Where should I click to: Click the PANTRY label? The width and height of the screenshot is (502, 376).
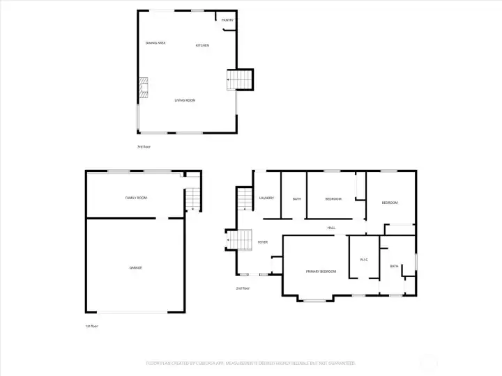pyautogui.click(x=227, y=20)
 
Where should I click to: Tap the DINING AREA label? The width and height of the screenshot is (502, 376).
pyautogui.click(x=155, y=43)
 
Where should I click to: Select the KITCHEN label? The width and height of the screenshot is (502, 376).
pyautogui.click(x=203, y=46)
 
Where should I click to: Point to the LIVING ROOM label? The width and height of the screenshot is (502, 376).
pyautogui.click(x=185, y=100)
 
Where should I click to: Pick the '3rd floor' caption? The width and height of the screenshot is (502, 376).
pyautogui.click(x=144, y=147)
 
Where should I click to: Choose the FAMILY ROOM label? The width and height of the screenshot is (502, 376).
pyautogui.click(x=136, y=198)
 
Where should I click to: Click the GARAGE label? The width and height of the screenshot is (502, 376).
pyautogui.click(x=135, y=267)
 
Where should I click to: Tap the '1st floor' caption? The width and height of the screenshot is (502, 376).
pyautogui.click(x=92, y=326)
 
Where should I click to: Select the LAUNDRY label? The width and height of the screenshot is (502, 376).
pyautogui.click(x=266, y=198)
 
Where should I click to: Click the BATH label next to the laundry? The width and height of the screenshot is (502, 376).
pyautogui.click(x=297, y=199)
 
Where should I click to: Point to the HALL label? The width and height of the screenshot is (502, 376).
pyautogui.click(x=332, y=228)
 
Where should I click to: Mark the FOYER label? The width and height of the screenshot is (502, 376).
pyautogui.click(x=263, y=242)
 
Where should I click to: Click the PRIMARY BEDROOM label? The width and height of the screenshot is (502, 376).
pyautogui.click(x=321, y=271)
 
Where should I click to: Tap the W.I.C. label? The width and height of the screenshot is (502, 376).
pyautogui.click(x=364, y=260)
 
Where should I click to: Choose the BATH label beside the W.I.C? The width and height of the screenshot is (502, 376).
pyautogui.click(x=394, y=266)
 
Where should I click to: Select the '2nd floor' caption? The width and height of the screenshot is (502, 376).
pyautogui.click(x=243, y=288)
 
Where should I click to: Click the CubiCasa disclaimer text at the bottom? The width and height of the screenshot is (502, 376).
pyautogui.click(x=251, y=363)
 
